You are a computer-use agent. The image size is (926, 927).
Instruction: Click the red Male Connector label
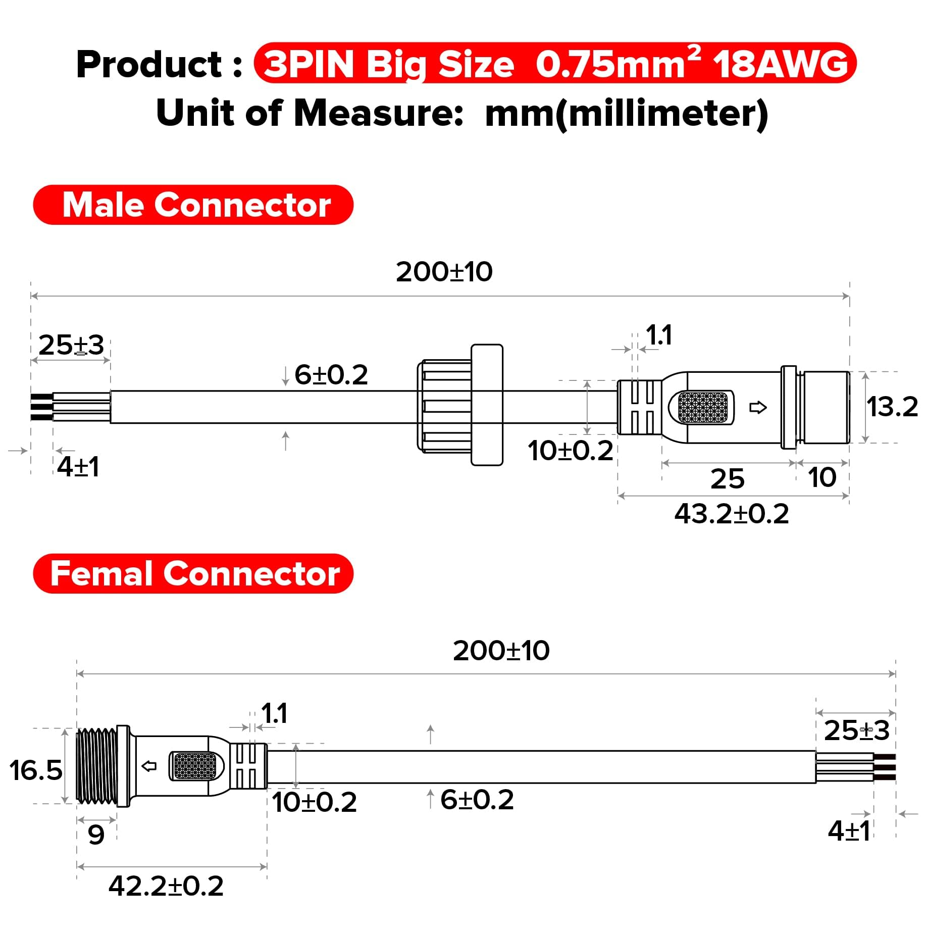pos(193,205)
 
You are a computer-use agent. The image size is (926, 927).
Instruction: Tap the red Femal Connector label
pos(193,574)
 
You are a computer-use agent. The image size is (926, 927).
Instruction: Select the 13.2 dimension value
pos(892,407)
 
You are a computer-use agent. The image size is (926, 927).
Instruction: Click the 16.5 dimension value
pos(36,770)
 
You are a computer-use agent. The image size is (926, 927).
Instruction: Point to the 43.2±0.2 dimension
pos(731,514)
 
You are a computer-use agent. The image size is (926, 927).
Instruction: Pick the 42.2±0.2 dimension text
pos(166,886)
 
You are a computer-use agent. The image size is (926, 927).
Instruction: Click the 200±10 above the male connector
pos(444,272)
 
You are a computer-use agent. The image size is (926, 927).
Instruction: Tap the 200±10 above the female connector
pos(501,651)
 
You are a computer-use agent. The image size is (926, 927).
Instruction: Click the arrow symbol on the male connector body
pos(758,407)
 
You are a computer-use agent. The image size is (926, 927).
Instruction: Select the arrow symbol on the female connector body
pos(149,766)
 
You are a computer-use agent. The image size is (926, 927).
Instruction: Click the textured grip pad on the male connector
pos(703,408)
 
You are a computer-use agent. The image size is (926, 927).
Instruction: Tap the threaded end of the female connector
pos(96,766)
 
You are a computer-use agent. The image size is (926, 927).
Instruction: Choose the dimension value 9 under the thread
pos(96,835)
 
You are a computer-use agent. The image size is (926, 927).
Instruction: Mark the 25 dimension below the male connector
pos(727,479)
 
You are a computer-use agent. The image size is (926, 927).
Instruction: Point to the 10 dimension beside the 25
pos(822,478)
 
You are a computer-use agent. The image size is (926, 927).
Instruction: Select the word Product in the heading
pos(149,65)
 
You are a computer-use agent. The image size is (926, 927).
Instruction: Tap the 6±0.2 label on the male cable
pos(331,375)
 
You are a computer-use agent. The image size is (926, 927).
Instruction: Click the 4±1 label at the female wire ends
pos(849,831)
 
